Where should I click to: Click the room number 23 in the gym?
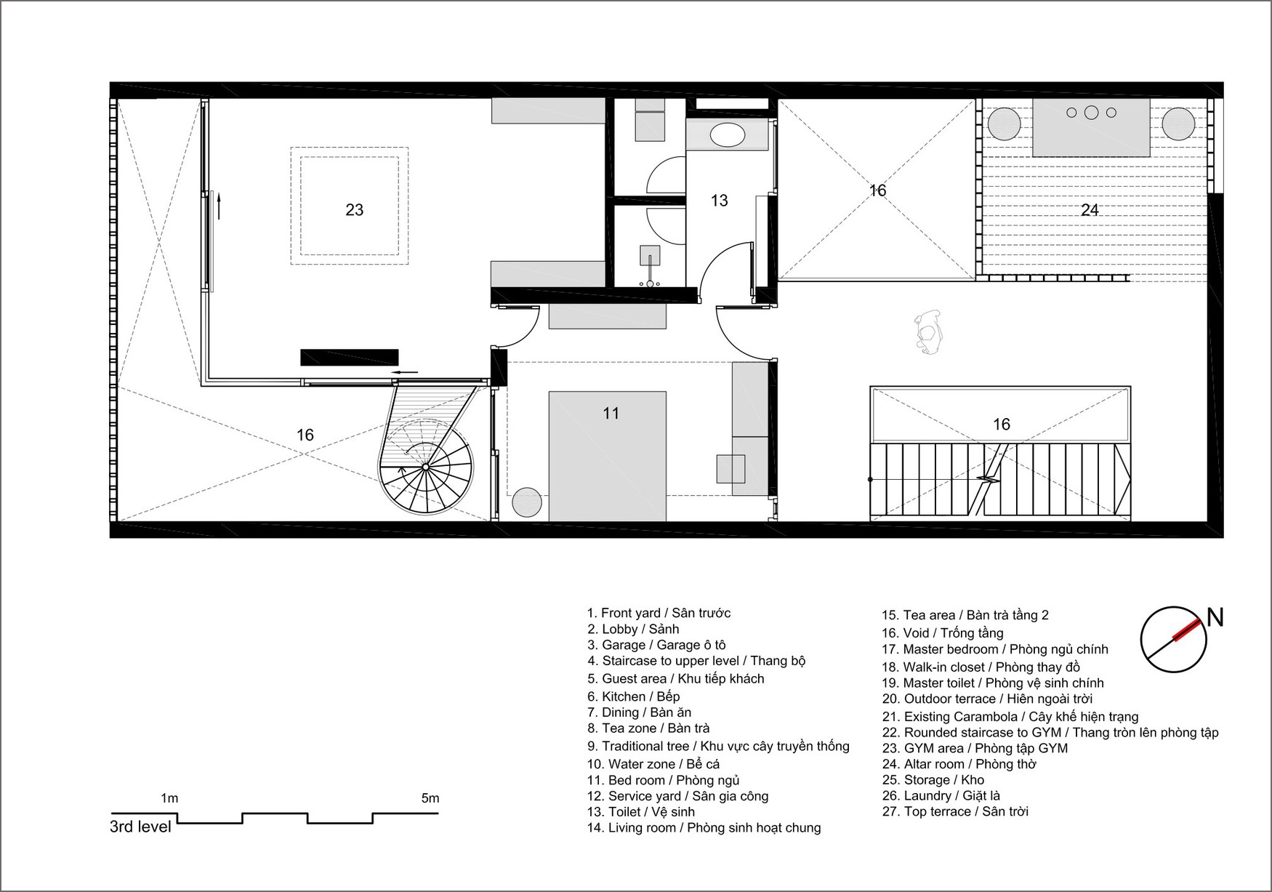354,210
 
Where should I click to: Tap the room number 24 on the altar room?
1090,210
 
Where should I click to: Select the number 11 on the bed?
611,414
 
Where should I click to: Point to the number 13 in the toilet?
719,201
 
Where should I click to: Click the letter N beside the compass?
1215,618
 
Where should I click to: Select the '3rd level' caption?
140,827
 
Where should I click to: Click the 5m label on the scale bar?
430,798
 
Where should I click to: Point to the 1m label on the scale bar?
169,798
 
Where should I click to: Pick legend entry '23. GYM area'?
975,748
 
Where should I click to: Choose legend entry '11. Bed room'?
664,780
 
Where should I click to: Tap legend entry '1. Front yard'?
659,613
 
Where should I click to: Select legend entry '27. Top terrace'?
955,811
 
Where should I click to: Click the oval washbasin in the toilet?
727,135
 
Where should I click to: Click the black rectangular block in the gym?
350,357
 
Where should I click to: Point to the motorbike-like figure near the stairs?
927,333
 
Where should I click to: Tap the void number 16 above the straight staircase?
1002,425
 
